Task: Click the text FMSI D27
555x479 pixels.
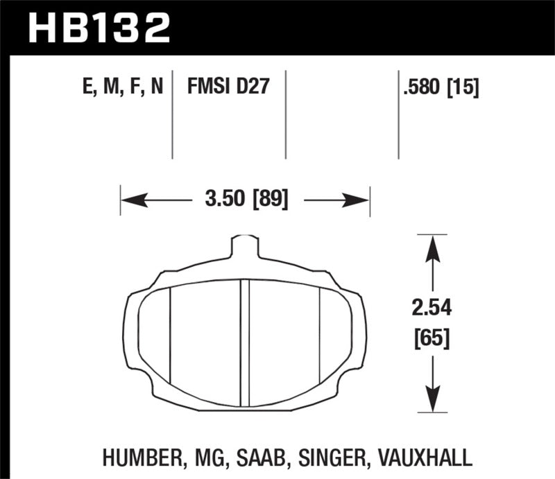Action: (228, 87)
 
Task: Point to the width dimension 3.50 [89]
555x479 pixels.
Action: (246, 201)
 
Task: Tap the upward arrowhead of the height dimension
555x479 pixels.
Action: (432, 247)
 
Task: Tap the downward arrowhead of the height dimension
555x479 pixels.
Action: (432, 399)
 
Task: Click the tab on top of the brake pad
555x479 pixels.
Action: (244, 246)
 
